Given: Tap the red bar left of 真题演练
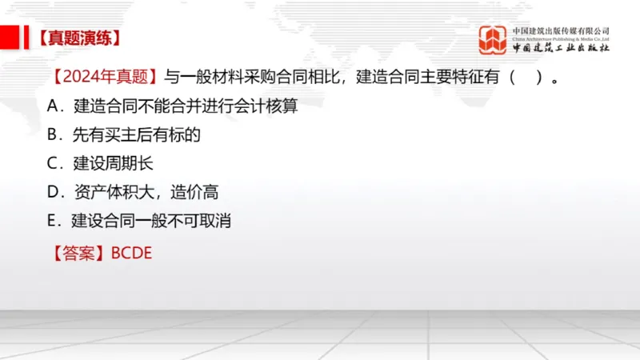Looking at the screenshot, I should pyautogui.click(x=10, y=37).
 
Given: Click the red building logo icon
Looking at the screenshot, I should pyautogui.click(x=492, y=39).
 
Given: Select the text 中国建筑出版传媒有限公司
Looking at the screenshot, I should pyautogui.click(x=561, y=30).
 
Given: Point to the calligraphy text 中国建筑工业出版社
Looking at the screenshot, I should pyautogui.click(x=561, y=49).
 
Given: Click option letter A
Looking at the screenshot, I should pyautogui.click(x=54, y=106).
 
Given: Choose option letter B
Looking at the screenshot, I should pyautogui.click(x=54, y=134).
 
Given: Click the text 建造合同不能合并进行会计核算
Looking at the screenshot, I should pyautogui.click(x=186, y=106).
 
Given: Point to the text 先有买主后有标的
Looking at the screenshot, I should pyautogui.click(x=137, y=134).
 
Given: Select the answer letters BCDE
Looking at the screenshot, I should pyautogui.click(x=131, y=254).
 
